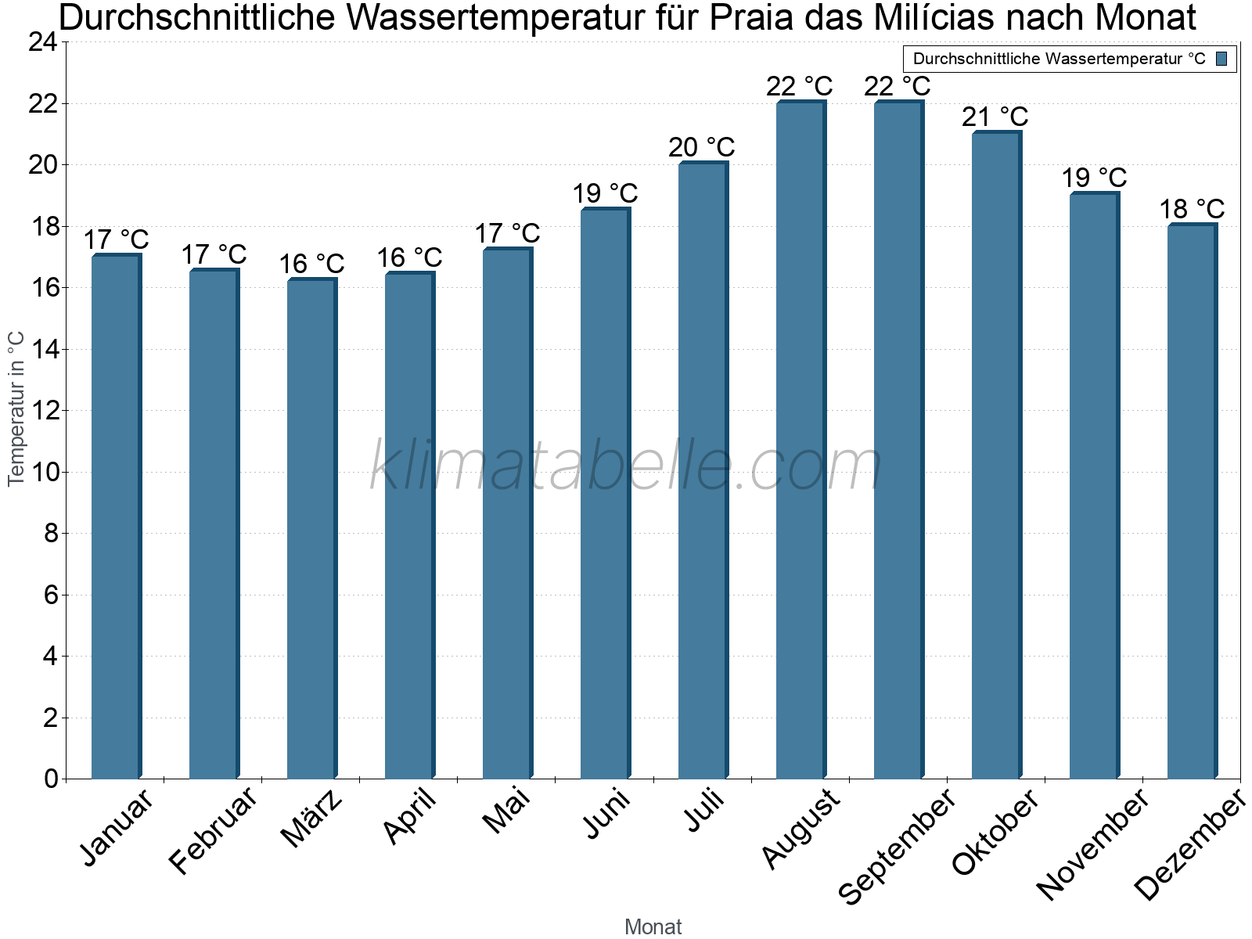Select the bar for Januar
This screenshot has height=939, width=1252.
(x=116, y=516)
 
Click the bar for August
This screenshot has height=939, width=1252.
(x=800, y=440)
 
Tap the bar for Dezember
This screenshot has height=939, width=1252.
(x=1192, y=501)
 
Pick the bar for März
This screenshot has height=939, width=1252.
(x=311, y=528)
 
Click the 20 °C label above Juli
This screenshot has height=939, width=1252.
(x=702, y=147)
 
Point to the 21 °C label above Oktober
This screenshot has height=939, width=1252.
(x=995, y=117)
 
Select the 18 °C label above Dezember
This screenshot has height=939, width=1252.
(x=1192, y=210)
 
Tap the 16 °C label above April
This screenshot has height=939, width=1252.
(x=409, y=257)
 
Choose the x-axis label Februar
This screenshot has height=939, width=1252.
(x=213, y=830)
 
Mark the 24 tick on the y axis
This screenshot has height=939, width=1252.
(x=43, y=42)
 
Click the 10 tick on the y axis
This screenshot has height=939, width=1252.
(x=43, y=472)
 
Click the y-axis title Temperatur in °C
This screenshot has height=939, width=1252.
(x=16, y=408)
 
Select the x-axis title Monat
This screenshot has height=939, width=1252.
(x=653, y=926)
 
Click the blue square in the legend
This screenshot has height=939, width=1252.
(x=1222, y=59)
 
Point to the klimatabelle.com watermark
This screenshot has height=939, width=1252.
(x=626, y=466)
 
